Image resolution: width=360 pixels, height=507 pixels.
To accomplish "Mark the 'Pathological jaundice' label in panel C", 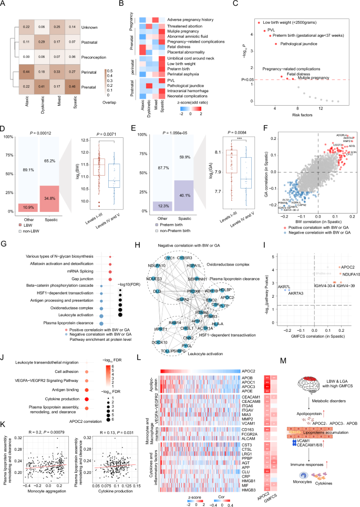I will click(298, 44).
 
